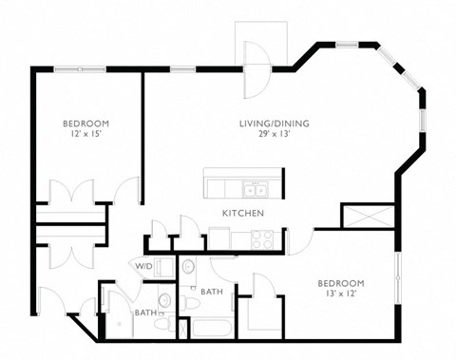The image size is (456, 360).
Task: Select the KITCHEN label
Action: (x=243, y=213)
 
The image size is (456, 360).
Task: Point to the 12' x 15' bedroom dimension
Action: (x=85, y=135)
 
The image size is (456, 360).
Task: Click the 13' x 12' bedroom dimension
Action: (x=341, y=295)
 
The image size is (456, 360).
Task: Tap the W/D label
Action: (x=143, y=266)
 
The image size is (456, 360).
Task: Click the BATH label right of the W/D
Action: (x=211, y=292)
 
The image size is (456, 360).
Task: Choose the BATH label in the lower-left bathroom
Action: (x=144, y=313)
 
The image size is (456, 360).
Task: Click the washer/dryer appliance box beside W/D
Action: (x=166, y=267)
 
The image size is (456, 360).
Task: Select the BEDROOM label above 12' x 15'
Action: (x=85, y=123)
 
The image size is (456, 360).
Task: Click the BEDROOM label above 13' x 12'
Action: (x=341, y=283)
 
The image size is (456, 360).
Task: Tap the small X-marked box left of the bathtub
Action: (x=184, y=329)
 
